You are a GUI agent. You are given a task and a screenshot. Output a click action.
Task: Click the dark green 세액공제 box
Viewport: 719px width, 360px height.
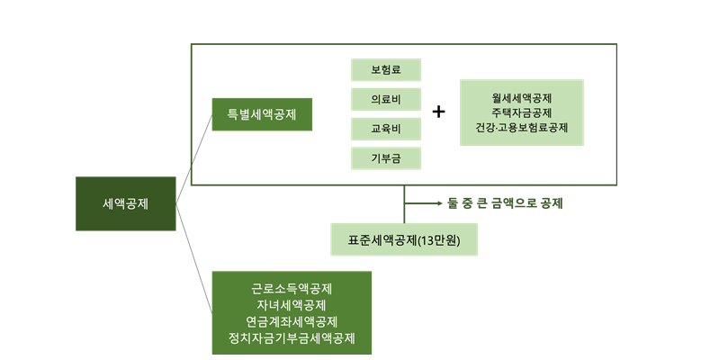click(125, 203)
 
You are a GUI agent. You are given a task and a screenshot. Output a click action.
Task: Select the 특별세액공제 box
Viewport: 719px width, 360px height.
click(262, 114)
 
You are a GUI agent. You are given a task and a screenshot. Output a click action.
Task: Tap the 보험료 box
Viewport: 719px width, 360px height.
click(385, 69)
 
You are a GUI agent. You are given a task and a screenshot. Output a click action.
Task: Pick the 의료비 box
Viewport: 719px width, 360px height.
click(385, 98)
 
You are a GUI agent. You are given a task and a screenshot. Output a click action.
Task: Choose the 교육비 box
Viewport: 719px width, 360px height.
click(385, 129)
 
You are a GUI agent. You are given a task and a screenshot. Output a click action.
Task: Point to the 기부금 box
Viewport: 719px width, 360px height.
click(385, 158)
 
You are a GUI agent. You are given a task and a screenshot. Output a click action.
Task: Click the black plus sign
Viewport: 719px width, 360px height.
click(439, 112)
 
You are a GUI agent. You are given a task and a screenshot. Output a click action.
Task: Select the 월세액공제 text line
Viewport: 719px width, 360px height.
click(521, 97)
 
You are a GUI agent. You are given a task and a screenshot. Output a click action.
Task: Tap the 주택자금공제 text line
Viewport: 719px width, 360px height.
click(521, 112)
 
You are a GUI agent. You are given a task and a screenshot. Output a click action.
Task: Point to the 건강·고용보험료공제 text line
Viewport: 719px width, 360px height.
click(521, 128)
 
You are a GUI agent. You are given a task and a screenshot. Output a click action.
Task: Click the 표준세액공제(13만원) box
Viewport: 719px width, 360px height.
click(403, 239)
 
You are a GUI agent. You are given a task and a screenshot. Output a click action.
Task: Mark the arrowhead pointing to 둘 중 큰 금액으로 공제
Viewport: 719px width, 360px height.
click(438, 203)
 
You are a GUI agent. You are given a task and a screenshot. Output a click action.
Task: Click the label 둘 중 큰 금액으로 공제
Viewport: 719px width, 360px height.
click(505, 203)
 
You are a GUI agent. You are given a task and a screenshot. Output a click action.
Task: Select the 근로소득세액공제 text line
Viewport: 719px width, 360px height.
click(292, 290)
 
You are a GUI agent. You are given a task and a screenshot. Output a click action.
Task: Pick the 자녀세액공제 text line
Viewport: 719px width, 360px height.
click(292, 306)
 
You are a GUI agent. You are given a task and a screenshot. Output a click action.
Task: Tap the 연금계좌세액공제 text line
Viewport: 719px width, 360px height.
click(292, 322)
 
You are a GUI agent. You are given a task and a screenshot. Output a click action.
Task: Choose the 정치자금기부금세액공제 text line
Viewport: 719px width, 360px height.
click(292, 338)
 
